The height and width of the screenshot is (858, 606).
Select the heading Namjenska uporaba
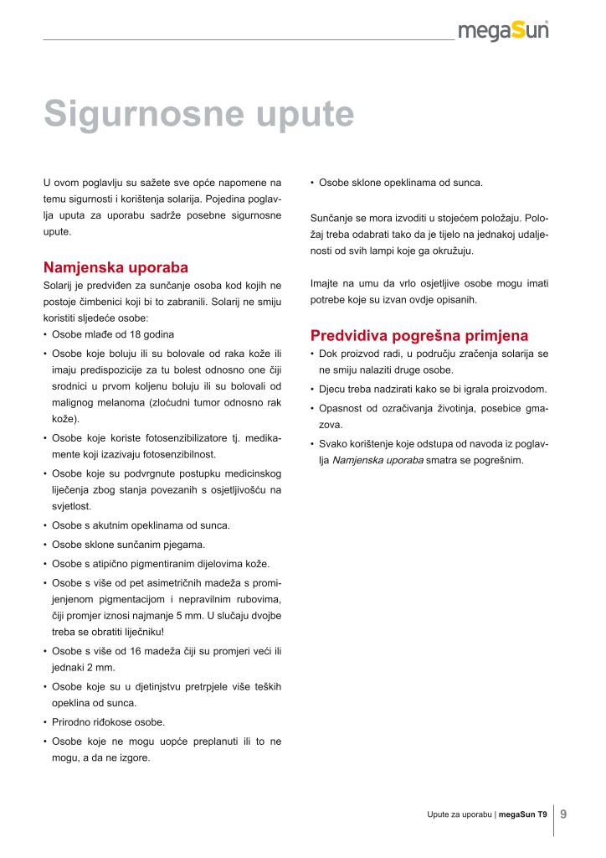[116, 268]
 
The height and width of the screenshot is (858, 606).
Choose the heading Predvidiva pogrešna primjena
[419, 336]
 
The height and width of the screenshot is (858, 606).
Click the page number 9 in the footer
[563, 813]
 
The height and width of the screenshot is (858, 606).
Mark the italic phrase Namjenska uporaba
[377, 459]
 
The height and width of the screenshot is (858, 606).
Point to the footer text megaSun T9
[523, 814]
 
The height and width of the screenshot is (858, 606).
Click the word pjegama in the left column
[183, 545]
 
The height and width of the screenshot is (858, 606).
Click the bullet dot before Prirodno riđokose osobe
[44, 721]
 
